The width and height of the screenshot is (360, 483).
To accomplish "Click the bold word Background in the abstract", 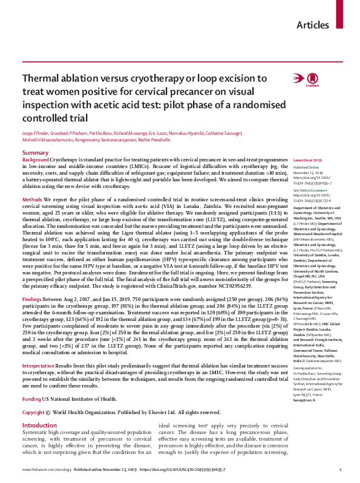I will coord(37,159).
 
